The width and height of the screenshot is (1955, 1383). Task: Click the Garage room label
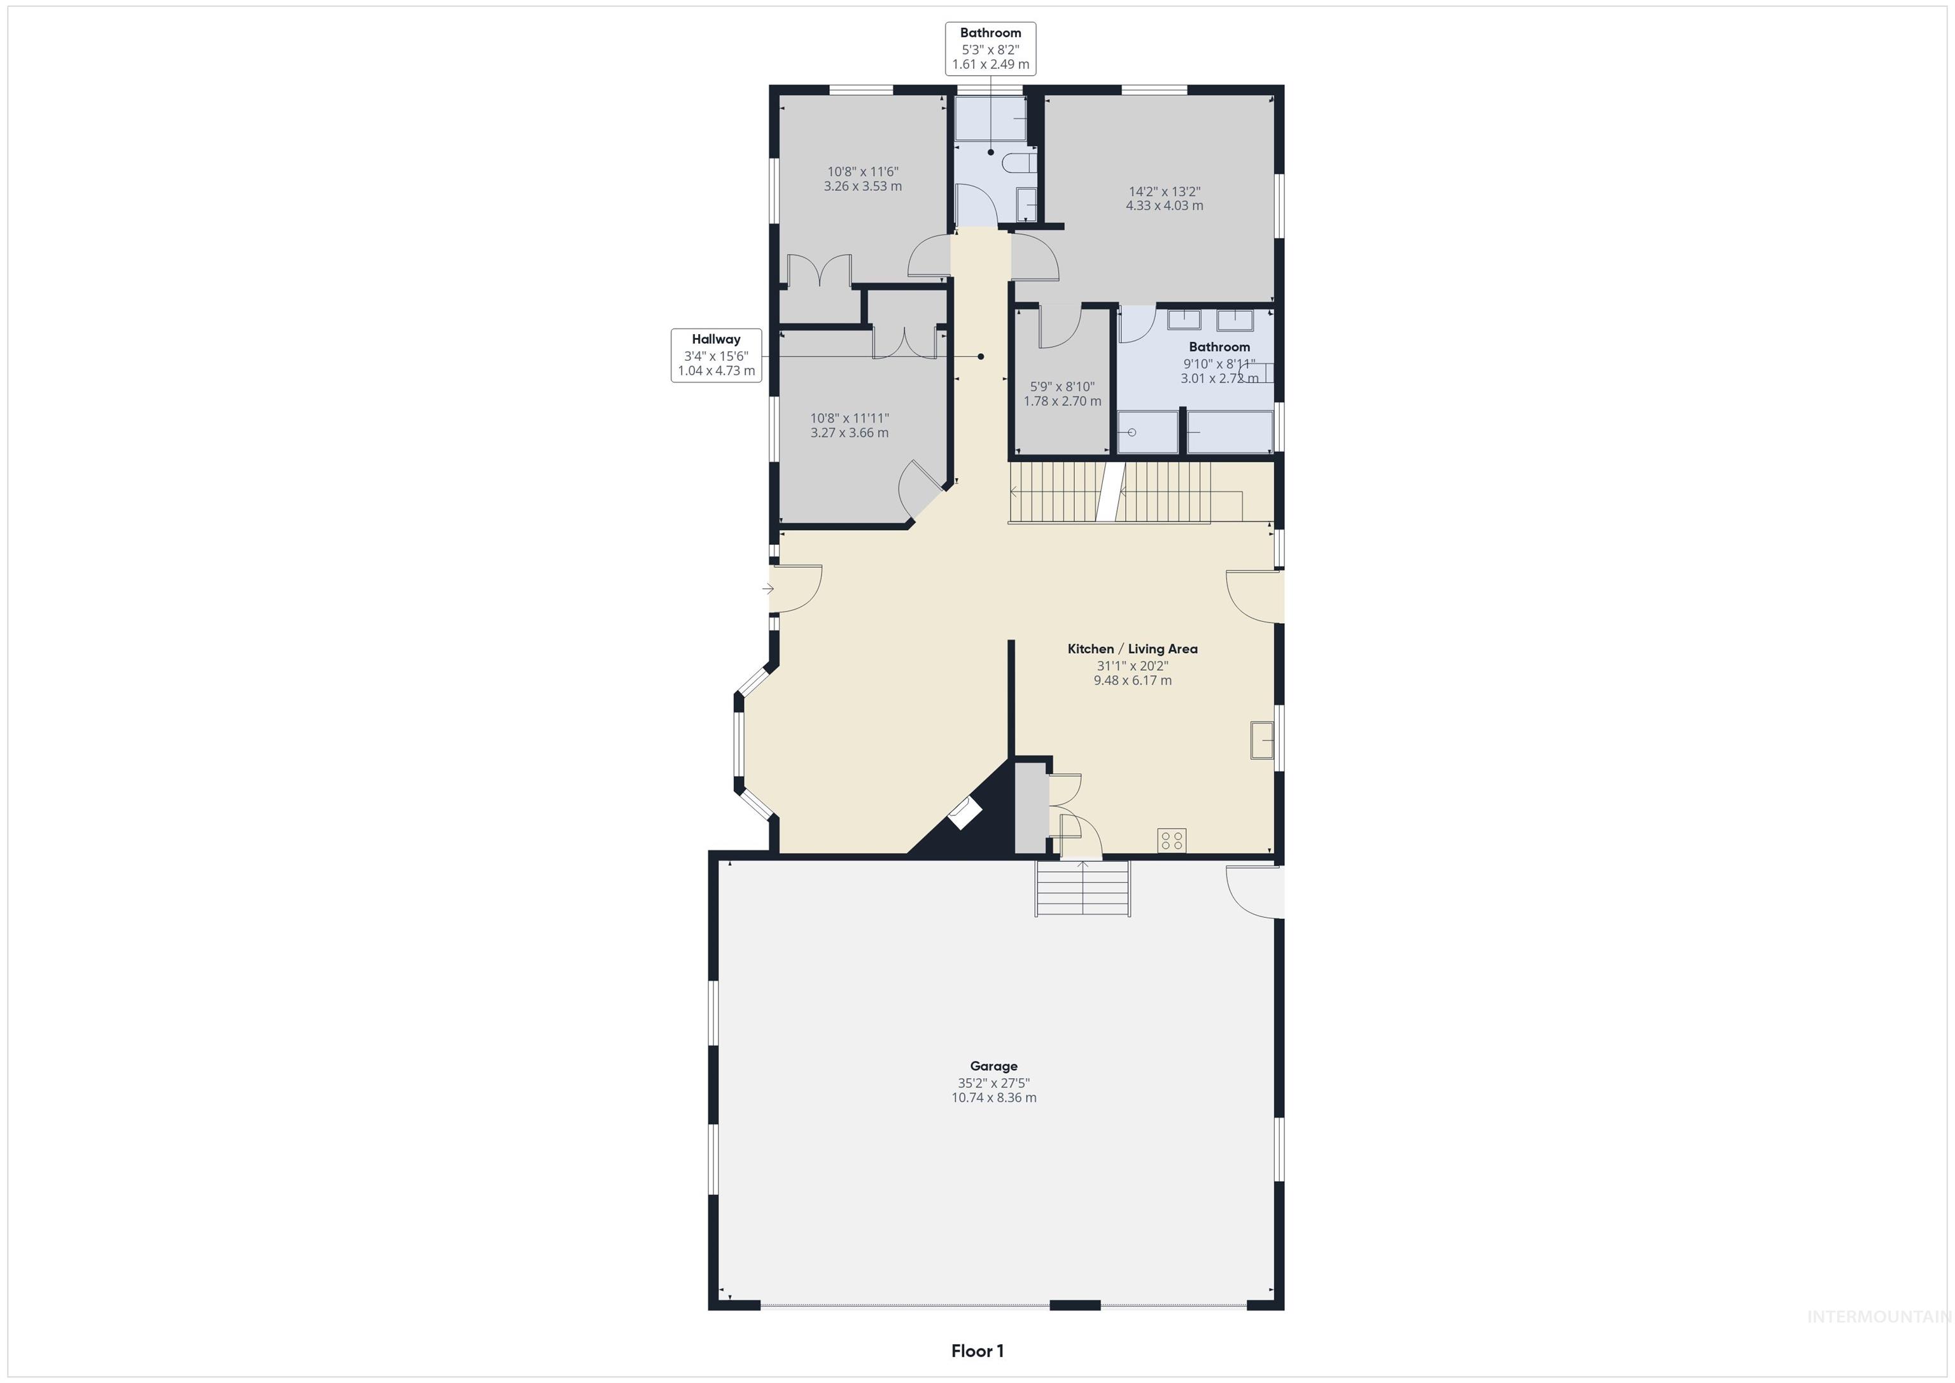click(x=993, y=1065)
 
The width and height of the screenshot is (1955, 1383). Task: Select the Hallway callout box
click(x=716, y=355)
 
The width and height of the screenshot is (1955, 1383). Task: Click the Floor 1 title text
click(x=977, y=1351)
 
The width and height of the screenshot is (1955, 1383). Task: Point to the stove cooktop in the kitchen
click(x=1172, y=841)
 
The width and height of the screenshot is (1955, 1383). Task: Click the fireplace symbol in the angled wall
click(x=965, y=814)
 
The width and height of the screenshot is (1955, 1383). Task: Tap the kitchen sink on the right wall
click(x=1261, y=739)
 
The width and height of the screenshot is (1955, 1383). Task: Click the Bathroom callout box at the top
click(x=990, y=48)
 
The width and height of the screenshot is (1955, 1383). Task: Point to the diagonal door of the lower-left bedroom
click(x=921, y=492)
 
